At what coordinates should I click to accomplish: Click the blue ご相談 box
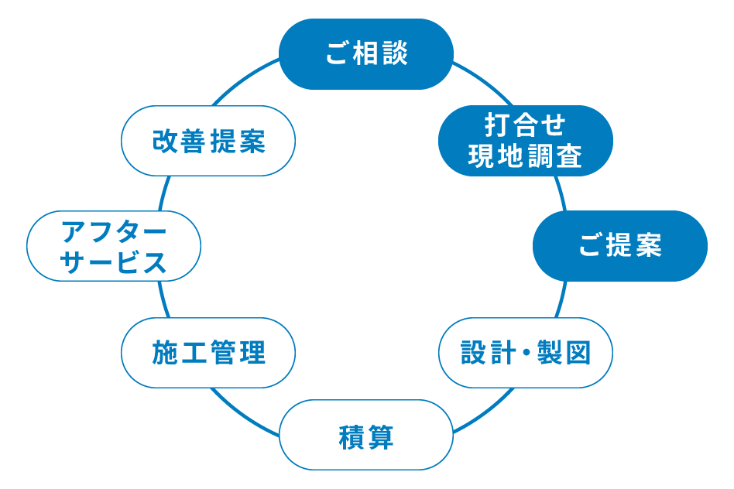click(365, 54)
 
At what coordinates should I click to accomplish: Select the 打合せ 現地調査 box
click(525, 141)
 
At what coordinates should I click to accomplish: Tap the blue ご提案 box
click(619, 246)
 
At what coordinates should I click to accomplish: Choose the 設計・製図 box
click(525, 353)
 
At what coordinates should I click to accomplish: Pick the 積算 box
click(365, 435)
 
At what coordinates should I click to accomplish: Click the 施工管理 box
click(208, 353)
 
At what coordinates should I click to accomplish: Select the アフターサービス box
click(114, 246)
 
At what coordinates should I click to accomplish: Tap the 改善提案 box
click(208, 141)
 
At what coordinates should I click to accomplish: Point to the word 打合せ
click(525, 125)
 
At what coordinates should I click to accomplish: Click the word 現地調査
click(525, 158)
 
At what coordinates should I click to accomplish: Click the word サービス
click(114, 263)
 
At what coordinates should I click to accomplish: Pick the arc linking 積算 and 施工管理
click(244, 411)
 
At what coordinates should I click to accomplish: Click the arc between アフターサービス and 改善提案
click(163, 193)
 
